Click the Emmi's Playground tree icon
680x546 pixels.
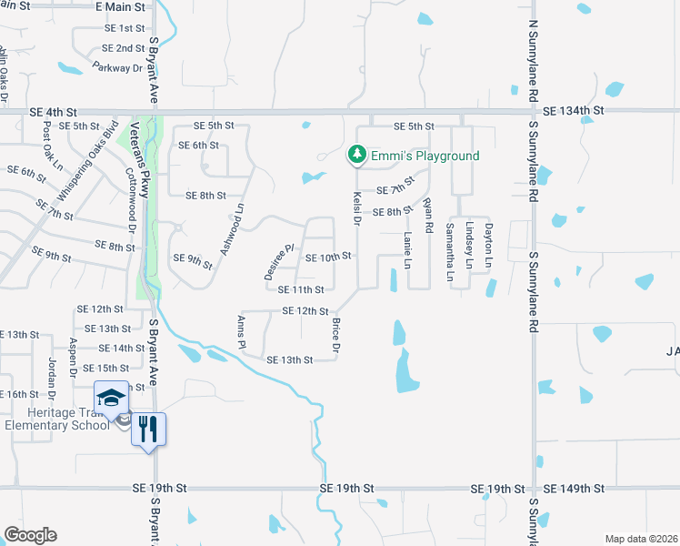click(x=358, y=156)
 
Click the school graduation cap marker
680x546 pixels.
click(x=111, y=399)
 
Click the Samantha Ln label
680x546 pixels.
click(x=451, y=245)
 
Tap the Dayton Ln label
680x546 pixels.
click(x=488, y=245)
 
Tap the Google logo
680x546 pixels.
click(x=31, y=535)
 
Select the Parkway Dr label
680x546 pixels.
click(x=119, y=67)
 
